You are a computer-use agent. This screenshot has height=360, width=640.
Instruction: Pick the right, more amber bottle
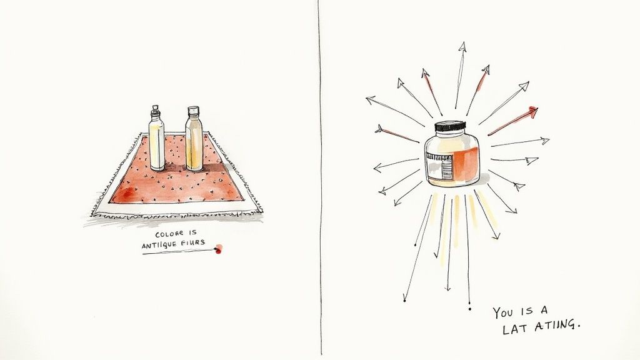click(x=194, y=142)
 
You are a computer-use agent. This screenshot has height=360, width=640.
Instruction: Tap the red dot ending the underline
click(x=218, y=250)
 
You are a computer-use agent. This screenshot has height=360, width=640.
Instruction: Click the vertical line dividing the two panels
click(x=321, y=187)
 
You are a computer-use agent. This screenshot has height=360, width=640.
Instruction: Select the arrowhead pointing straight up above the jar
click(x=462, y=46)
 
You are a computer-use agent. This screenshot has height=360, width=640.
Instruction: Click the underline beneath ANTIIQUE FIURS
click(x=178, y=252)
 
